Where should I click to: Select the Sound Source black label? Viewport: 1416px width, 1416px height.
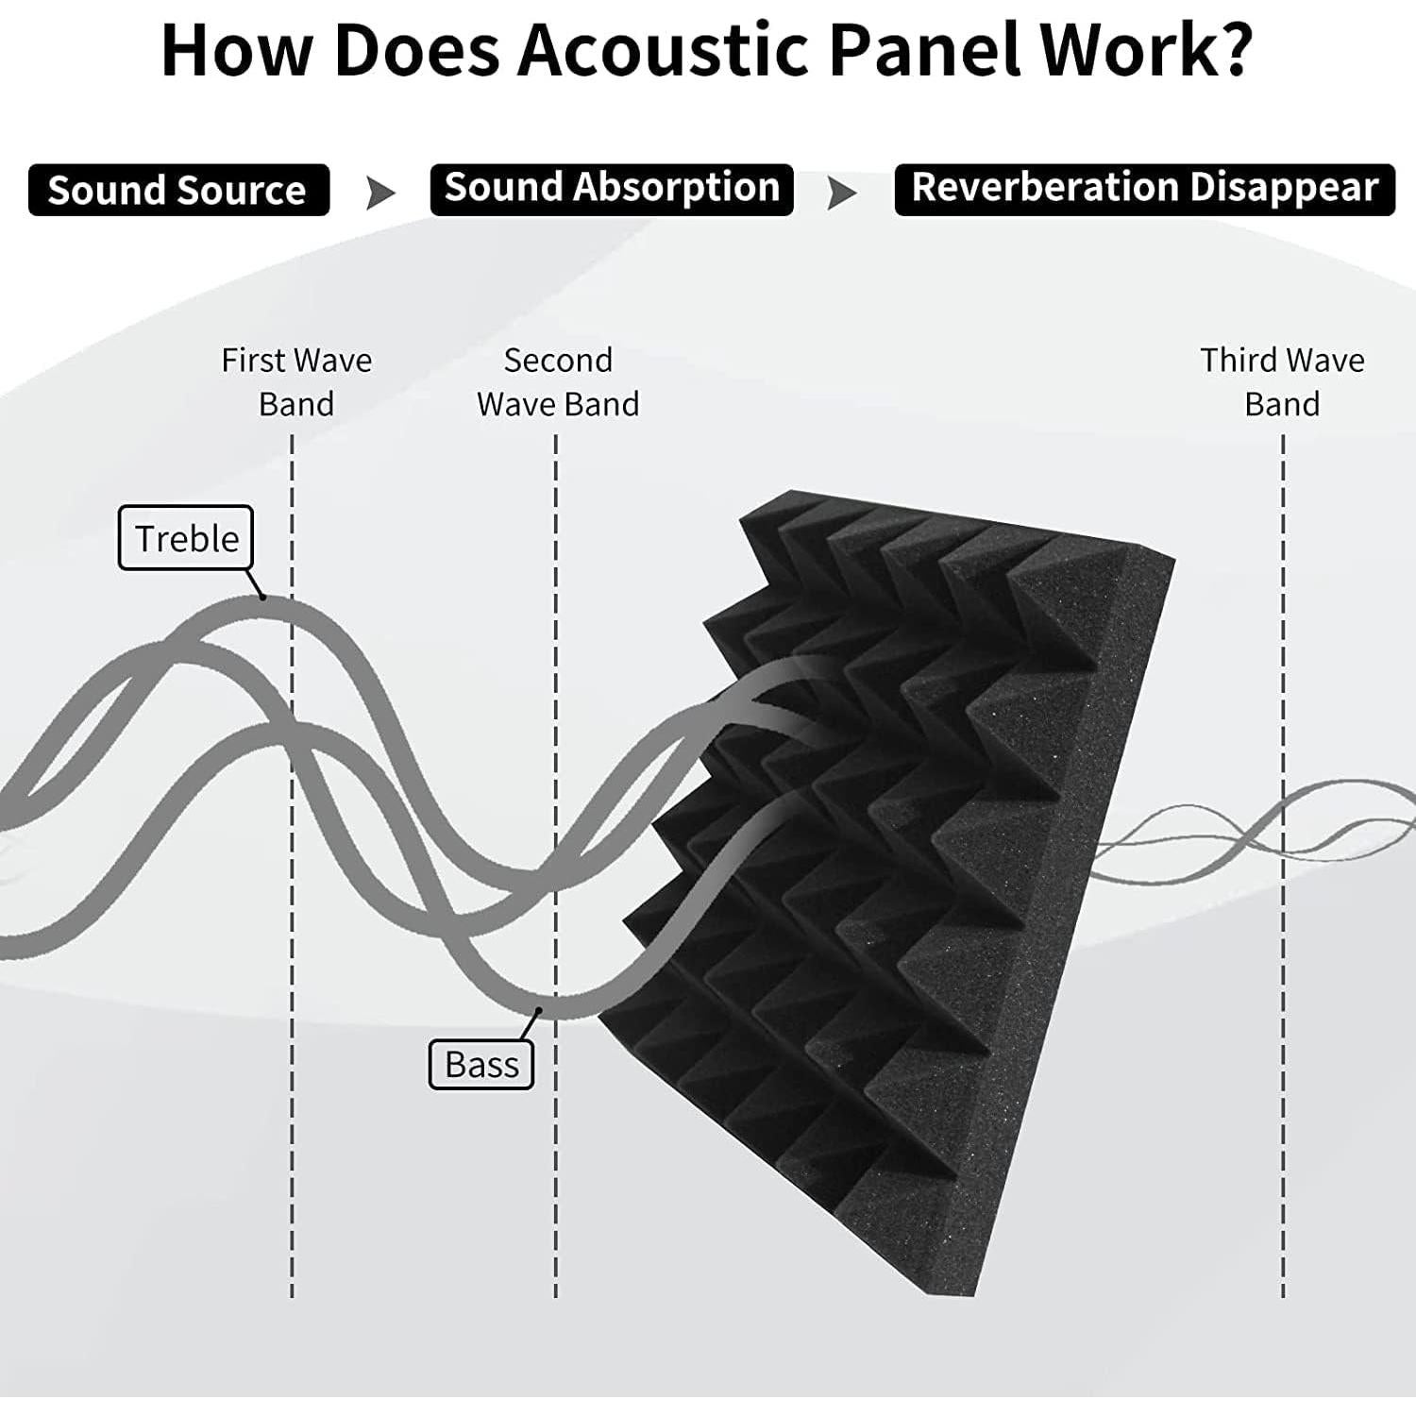pos(178,190)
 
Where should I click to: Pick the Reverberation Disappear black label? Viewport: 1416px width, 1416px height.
pos(1144,189)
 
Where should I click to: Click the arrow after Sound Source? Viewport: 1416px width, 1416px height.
pos(380,194)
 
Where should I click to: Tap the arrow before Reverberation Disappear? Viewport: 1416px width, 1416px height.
pos(842,194)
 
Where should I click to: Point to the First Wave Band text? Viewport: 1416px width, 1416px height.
pos(296,381)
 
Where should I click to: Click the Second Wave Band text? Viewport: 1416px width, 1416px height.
pos(558,381)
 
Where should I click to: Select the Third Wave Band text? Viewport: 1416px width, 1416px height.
pos(1282,381)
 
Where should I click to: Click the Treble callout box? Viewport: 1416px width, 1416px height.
pos(186,538)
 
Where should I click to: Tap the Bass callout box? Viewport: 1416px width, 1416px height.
pos(481,1064)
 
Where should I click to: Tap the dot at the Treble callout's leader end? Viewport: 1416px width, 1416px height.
pos(262,597)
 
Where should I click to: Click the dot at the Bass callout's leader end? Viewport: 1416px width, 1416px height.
pos(539,1010)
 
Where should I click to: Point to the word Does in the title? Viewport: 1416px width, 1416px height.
pos(416,51)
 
